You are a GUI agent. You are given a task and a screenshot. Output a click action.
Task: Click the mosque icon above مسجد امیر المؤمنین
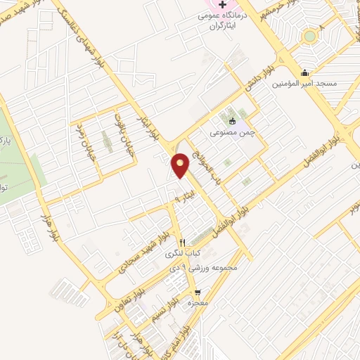pyautogui.click(x=304, y=72)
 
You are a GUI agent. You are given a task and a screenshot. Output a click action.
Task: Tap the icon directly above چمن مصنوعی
pyautogui.click(x=233, y=120)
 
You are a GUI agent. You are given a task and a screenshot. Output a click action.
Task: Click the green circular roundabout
pyautogui.click(x=309, y=35)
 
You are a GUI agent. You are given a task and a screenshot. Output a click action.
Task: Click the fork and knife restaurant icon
pyautogui.click(x=183, y=240)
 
